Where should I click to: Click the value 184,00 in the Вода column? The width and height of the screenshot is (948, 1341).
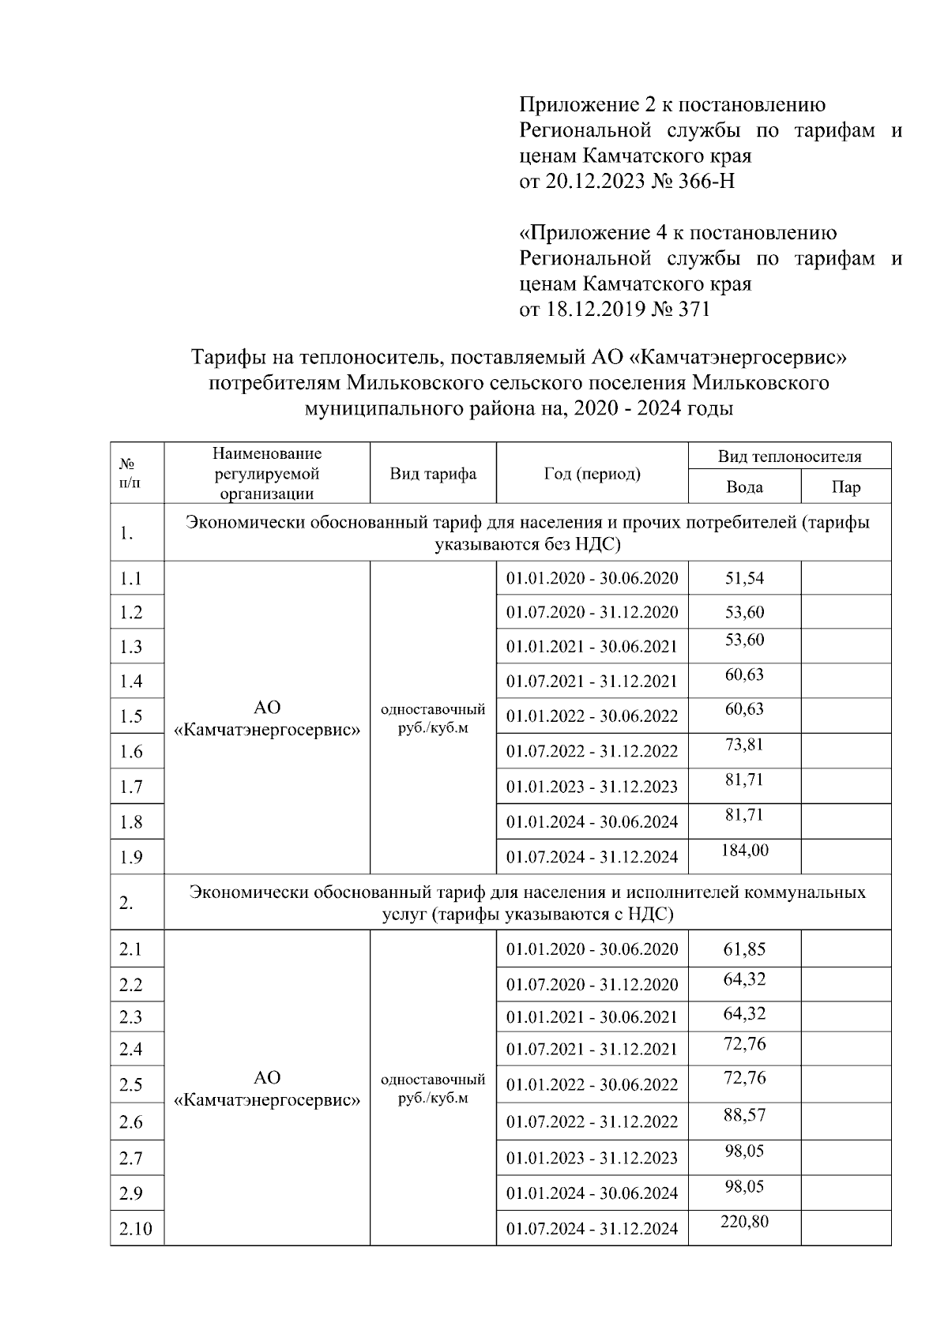point(744,851)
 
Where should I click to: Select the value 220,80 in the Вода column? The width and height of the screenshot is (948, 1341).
point(744,1222)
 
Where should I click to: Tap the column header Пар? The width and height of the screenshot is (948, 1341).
point(845,487)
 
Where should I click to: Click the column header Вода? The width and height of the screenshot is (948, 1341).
point(744,487)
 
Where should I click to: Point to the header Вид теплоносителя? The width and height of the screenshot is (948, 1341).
point(789,456)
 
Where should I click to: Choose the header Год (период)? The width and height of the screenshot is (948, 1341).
point(592,474)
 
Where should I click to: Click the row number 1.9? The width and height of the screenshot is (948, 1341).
point(131,857)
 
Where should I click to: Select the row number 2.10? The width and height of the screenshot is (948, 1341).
point(135,1229)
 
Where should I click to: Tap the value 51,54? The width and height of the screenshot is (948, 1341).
point(744,578)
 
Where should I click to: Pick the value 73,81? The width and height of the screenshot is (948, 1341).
point(744,744)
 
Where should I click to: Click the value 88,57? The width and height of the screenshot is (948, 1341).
point(744,1115)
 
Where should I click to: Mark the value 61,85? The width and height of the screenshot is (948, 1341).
point(744,949)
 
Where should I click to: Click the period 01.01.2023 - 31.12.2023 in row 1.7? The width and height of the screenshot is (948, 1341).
point(592,787)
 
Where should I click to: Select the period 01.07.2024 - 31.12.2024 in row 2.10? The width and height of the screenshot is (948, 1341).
point(592,1229)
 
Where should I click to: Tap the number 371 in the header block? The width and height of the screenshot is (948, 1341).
point(693,309)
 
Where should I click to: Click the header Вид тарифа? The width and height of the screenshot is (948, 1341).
point(433,474)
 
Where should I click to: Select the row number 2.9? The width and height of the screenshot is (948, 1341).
point(131,1193)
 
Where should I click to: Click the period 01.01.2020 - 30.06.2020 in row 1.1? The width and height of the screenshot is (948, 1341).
point(592,578)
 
